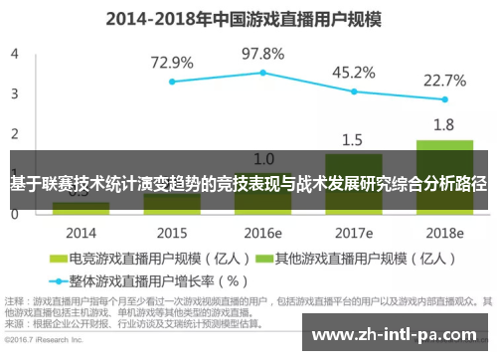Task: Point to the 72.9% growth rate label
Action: (172, 62)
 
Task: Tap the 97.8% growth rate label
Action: (262, 53)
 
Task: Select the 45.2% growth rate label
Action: (353, 72)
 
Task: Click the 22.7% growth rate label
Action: (444, 81)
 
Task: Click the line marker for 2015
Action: (172, 82)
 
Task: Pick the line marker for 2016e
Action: (262, 73)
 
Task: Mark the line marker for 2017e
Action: (353, 91)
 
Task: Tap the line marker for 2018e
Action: (444, 99)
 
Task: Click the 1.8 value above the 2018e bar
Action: (444, 124)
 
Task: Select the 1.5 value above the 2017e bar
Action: (353, 139)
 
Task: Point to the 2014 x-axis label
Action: (81, 233)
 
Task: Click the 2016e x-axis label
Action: (262, 233)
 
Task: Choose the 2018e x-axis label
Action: (444, 233)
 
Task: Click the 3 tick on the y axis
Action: (15, 93)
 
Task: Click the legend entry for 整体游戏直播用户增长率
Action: (149, 279)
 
